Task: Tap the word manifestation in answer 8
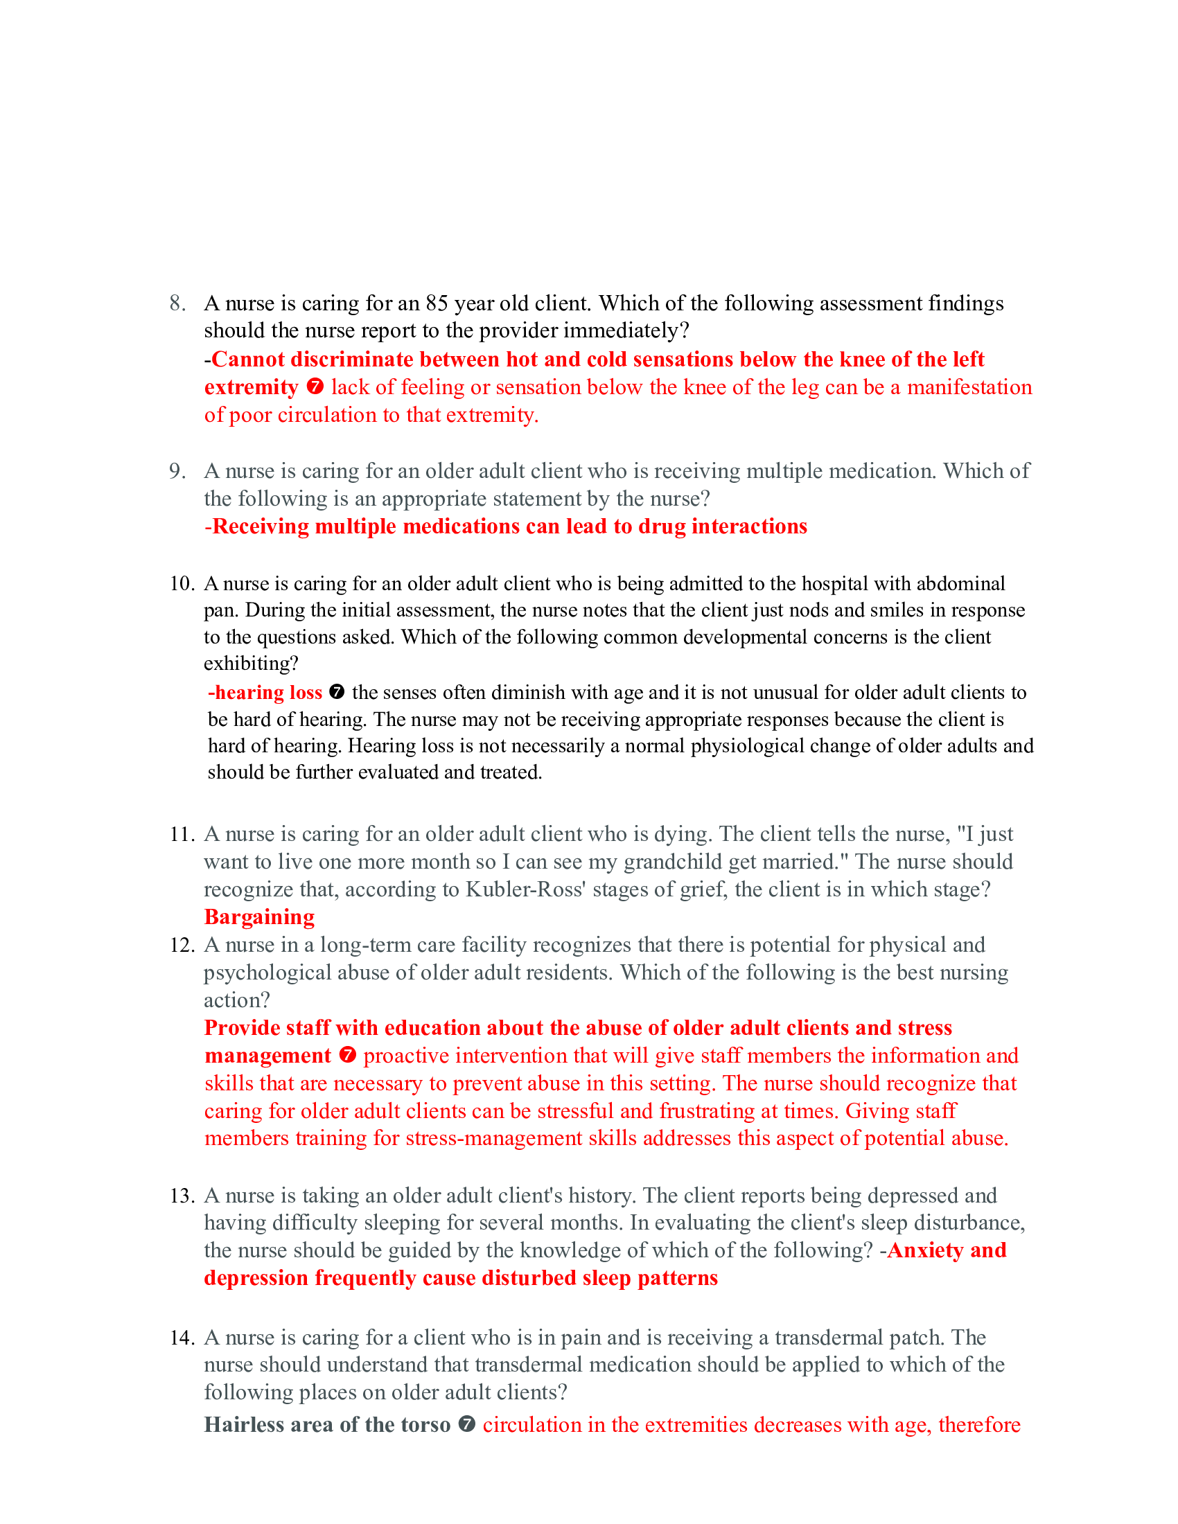point(969,387)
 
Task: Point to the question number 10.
point(182,583)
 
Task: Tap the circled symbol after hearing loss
point(336,692)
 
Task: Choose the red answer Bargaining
point(259,917)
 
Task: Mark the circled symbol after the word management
point(348,1055)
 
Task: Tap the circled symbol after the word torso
point(467,1424)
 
